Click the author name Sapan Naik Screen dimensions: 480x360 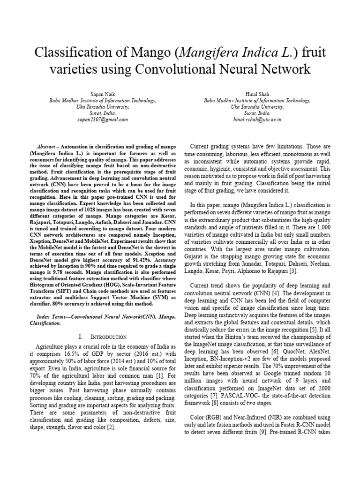click(x=103, y=94)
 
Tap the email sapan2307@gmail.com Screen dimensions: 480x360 click(x=103, y=120)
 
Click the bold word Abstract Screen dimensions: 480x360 click(x=45, y=147)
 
